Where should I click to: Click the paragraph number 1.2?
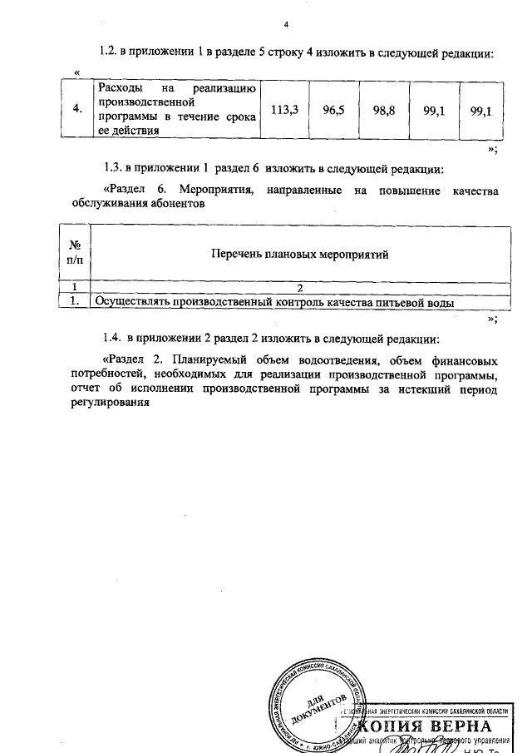click(107, 52)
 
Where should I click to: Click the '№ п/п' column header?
click(76, 253)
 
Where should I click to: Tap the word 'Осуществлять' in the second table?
click(133, 303)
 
